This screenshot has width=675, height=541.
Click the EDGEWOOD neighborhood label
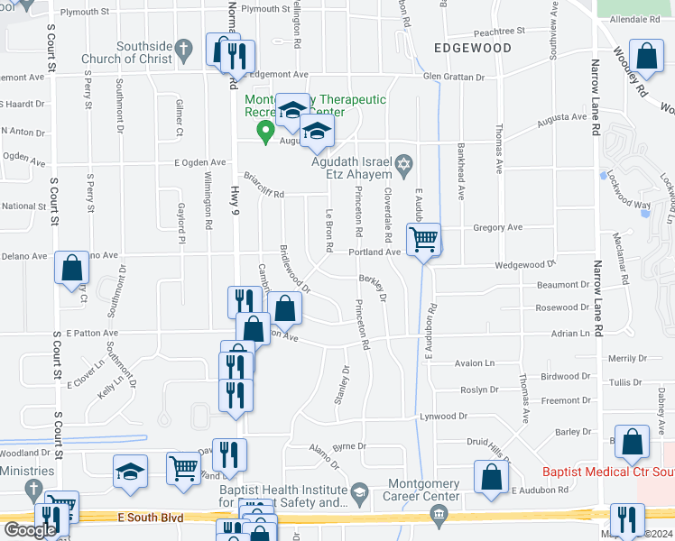[472, 48]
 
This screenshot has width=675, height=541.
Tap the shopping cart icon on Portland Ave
[422, 241]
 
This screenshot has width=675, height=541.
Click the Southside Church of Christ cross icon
[182, 47]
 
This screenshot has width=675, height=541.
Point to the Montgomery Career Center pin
[439, 515]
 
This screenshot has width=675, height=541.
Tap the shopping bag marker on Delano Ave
[71, 269]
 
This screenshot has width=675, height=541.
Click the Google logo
[30, 529]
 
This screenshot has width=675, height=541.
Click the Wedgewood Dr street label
[524, 265]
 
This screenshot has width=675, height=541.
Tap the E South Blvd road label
[150, 518]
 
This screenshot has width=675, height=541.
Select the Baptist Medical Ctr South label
[607, 472]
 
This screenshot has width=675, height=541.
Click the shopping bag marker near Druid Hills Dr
[490, 479]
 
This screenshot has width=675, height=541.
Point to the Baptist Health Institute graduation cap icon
[359, 491]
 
